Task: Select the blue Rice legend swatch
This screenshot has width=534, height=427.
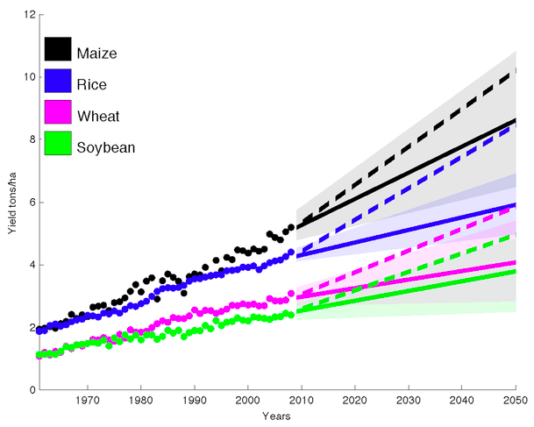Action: [58, 83]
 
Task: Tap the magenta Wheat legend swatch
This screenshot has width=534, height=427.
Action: [58, 114]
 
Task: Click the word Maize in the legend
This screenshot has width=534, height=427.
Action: [97, 53]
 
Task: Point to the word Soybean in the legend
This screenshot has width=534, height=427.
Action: [106, 146]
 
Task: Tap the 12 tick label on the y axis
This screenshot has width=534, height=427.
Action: [28, 15]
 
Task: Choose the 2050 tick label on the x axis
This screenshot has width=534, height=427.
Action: [515, 401]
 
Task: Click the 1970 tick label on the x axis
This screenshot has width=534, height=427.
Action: [88, 401]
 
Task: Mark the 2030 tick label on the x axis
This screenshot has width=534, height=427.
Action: [408, 401]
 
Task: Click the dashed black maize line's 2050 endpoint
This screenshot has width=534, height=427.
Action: [515, 71]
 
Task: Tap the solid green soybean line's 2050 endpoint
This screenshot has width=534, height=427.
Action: [515, 271]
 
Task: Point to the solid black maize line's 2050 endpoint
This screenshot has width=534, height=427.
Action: [515, 120]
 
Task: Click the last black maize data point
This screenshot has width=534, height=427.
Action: [291, 227]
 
